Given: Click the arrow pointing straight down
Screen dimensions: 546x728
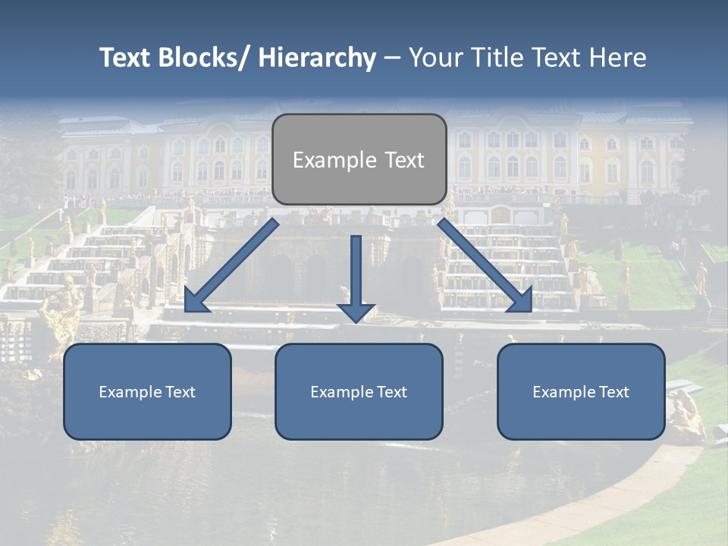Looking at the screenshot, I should [x=356, y=273].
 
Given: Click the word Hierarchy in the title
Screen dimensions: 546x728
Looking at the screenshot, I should [x=317, y=58].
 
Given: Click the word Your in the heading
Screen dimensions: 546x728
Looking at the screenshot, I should [x=435, y=58].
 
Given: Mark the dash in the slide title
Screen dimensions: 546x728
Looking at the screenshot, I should [x=391, y=58].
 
